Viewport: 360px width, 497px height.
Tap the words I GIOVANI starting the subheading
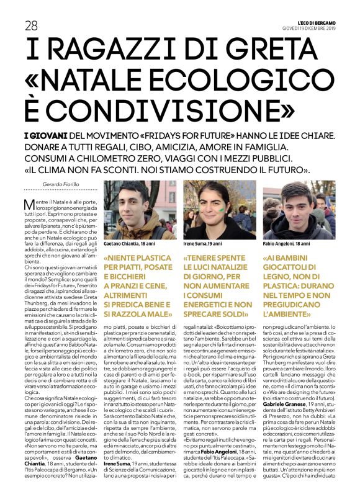[x=43, y=135]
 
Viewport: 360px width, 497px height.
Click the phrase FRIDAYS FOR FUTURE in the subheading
[x=202, y=135]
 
